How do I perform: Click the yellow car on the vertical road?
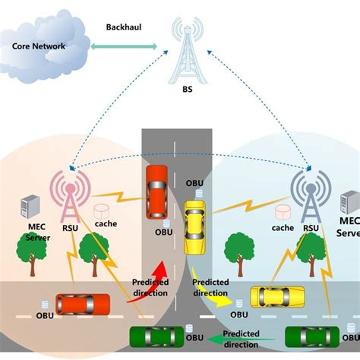click(195, 227)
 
